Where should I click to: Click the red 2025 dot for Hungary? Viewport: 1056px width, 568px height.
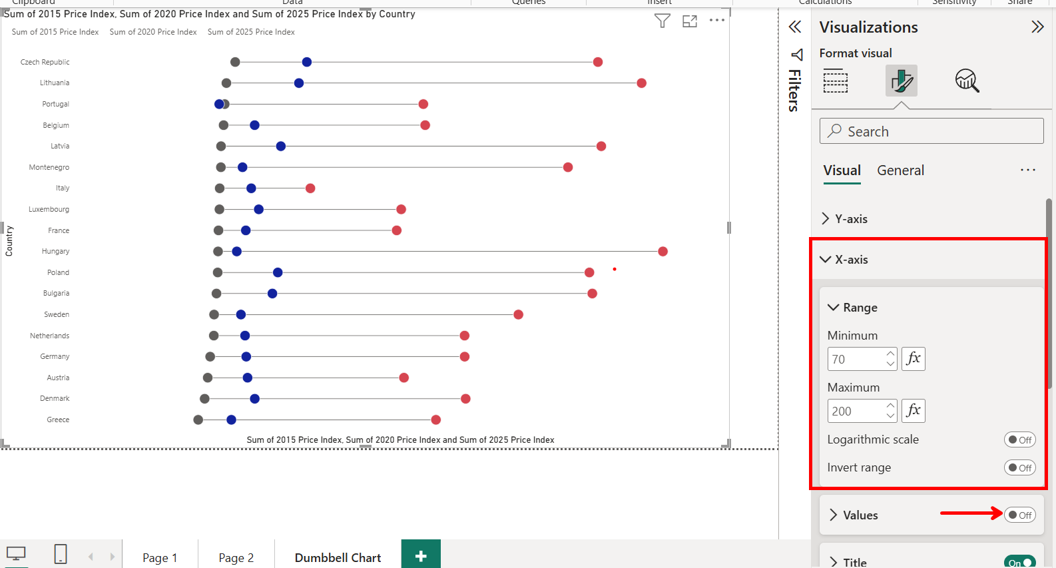pos(662,251)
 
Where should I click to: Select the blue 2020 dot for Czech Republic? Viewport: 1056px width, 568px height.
pos(307,62)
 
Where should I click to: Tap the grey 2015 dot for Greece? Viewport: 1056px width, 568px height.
pos(198,420)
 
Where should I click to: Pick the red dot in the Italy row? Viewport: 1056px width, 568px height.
pos(310,188)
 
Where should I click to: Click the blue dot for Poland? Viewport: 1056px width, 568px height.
pos(278,272)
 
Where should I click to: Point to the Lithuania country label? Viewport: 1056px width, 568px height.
pos(55,83)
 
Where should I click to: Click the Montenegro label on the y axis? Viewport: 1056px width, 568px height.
pos(49,167)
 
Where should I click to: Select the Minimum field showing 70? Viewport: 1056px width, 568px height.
pos(856,359)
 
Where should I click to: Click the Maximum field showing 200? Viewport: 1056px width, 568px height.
pos(856,411)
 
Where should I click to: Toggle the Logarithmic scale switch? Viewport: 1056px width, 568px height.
pos(1019,439)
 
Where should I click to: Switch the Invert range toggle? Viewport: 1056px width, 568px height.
pos(1019,467)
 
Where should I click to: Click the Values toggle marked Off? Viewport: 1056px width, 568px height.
pos(1019,515)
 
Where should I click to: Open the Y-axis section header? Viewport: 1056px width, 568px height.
pos(851,219)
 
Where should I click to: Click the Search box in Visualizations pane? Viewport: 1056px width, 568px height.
pos(931,131)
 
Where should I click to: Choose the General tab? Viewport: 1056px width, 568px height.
pos(900,170)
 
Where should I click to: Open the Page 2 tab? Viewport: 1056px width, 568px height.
pos(236,557)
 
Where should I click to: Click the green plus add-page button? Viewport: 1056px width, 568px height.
pos(421,556)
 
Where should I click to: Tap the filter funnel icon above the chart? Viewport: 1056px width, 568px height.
pos(662,21)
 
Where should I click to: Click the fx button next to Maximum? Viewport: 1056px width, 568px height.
pos(914,410)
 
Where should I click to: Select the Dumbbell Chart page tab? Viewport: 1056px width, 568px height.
pos(338,557)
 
